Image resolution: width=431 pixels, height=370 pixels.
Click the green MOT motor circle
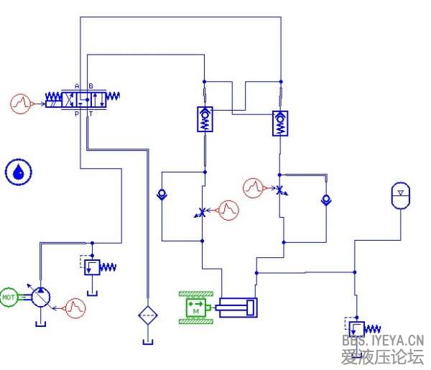(9, 296)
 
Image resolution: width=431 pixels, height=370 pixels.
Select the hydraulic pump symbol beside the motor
(42, 297)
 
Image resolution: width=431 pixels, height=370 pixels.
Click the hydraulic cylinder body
(238, 307)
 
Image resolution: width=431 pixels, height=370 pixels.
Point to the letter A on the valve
(76, 86)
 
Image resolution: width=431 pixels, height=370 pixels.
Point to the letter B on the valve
(90, 86)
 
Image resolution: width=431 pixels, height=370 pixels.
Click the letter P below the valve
(76, 114)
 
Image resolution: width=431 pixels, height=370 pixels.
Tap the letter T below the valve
(90, 114)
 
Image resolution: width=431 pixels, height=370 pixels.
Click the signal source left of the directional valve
(22, 103)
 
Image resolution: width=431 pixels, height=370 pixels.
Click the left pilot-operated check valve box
(205, 118)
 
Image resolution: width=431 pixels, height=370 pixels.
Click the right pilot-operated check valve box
(280, 123)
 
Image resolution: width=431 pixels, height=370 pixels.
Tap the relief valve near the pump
(93, 267)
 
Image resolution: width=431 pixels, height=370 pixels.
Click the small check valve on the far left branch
(162, 193)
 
